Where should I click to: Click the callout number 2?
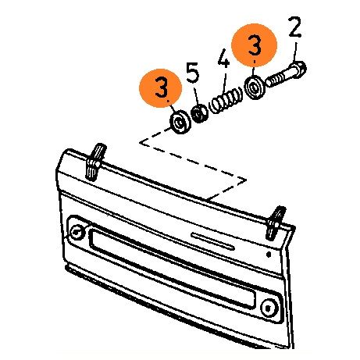pos(294,27)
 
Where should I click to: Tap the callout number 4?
pos(223,59)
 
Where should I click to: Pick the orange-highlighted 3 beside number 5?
pos(161,87)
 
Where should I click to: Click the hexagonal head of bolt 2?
pos(299,69)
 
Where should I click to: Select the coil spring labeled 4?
pos(226,101)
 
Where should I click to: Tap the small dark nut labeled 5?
pos(199,113)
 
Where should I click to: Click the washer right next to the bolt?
pos(255,87)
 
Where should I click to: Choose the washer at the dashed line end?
pos(180,122)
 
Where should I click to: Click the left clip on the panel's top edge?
pos(94,162)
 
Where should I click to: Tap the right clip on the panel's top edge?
pos(276,223)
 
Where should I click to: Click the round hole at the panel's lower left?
pos(77,232)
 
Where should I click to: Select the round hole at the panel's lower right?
pos(268,308)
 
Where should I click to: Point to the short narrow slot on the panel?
pos(212,241)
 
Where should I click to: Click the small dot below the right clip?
pos(269,254)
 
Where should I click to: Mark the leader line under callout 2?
pos(294,52)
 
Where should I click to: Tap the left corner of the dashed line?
pos(140,142)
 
